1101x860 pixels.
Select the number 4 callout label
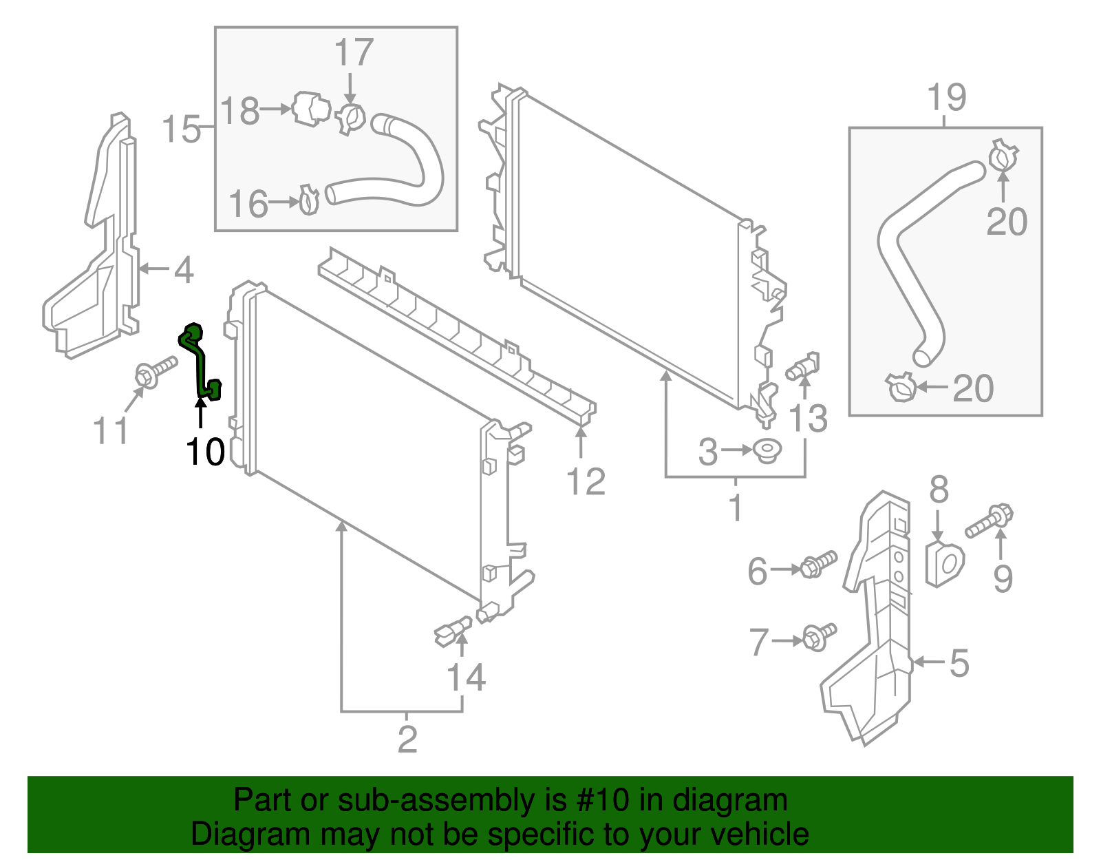click(x=183, y=270)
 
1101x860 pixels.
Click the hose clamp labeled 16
click(x=310, y=200)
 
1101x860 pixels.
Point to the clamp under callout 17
click(x=352, y=118)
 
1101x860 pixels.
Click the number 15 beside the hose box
click(x=181, y=129)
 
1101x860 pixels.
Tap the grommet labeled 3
click(x=767, y=451)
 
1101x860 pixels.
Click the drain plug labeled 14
click(x=452, y=630)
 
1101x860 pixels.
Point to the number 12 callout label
click(x=586, y=481)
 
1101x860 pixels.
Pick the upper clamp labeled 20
click(x=1003, y=156)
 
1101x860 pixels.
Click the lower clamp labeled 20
click(x=901, y=388)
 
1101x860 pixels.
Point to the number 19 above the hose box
click(x=947, y=98)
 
